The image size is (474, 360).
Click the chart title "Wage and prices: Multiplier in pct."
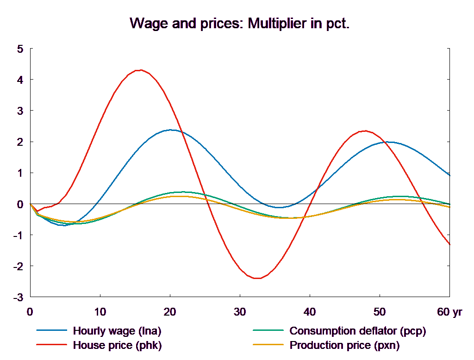[239, 23]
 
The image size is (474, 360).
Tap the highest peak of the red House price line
[140, 70]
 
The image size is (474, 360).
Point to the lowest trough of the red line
[257, 278]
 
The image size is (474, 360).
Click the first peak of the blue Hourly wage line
[171, 130]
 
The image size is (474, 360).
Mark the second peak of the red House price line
[365, 131]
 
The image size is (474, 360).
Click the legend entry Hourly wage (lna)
[117, 331]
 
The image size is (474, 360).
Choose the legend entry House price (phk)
[118, 345]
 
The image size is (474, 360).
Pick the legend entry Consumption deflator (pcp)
[357, 331]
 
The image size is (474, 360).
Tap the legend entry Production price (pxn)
[344, 345]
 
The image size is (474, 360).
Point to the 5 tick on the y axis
[20, 49]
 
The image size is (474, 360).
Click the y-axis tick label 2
[20, 142]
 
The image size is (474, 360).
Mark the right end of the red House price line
[450, 244]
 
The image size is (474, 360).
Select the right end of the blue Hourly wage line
[450, 175]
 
